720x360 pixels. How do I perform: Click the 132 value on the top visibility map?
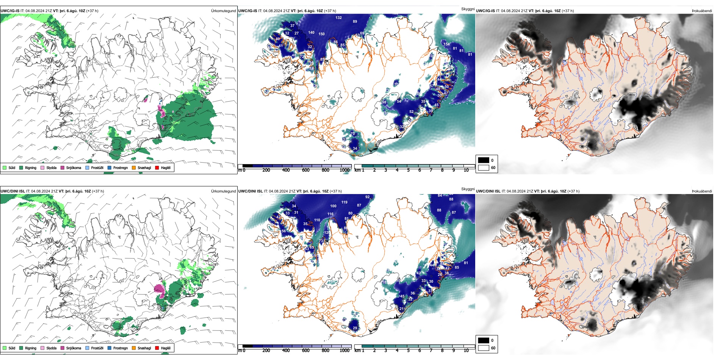coord(338,18)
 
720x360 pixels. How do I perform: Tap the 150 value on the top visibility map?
coord(321,34)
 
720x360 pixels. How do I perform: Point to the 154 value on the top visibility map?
coord(447,44)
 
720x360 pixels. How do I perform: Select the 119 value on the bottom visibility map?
coord(344,202)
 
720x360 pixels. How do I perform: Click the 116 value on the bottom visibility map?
coord(330,214)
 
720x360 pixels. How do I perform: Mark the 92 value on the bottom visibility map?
coord(367,197)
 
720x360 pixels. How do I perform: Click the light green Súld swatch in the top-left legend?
coord(5,167)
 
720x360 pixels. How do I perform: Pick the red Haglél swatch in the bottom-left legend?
coord(157,348)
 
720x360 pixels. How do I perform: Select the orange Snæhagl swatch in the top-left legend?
coord(134,167)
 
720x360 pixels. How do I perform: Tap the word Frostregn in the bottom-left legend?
coord(121,348)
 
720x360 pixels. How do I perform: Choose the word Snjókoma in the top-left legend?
coord(74,167)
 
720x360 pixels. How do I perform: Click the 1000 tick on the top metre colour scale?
coord(344,170)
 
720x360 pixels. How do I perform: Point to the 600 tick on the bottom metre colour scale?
coord(306,351)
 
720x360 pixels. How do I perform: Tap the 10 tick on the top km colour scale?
coord(466,170)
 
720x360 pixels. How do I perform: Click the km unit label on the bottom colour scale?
coord(357,351)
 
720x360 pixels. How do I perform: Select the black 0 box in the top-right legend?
coord(484,160)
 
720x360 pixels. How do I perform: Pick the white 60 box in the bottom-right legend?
coord(484,348)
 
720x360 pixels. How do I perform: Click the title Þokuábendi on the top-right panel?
coord(702,11)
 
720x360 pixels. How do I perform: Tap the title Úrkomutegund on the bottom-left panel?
coord(223,191)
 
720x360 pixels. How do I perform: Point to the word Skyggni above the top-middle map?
coord(468,9)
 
